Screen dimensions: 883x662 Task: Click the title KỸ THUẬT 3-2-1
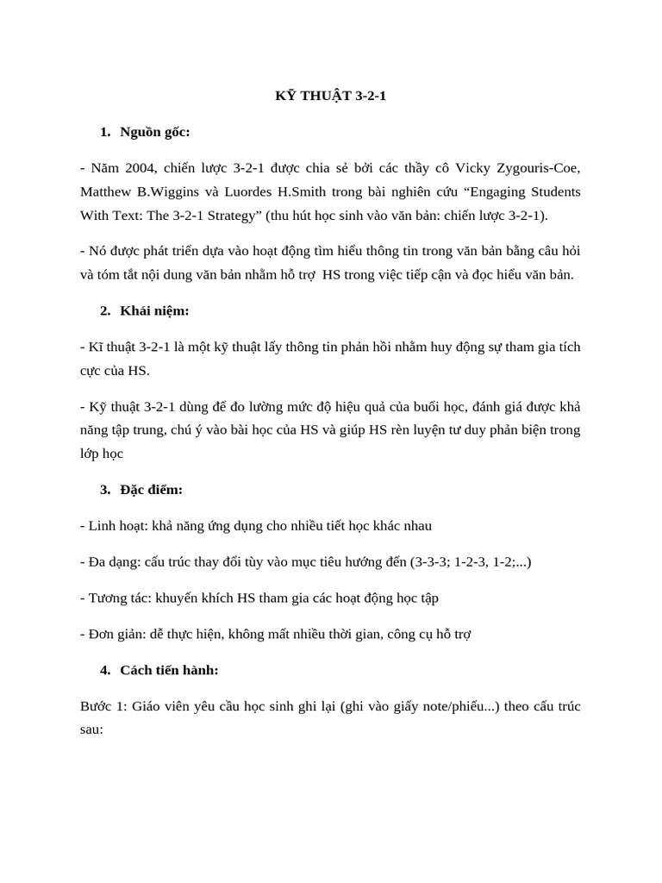click(331, 96)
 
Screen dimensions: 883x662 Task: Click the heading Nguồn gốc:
click(155, 132)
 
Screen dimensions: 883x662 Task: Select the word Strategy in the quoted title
click(238, 216)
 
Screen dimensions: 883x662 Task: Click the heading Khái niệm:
click(154, 310)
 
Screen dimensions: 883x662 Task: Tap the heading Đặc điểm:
click(152, 490)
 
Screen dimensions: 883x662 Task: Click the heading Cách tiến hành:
click(169, 670)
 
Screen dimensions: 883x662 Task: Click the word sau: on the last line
click(91, 730)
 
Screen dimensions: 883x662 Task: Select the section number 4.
click(105, 670)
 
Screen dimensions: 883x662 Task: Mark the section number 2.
click(105, 310)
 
